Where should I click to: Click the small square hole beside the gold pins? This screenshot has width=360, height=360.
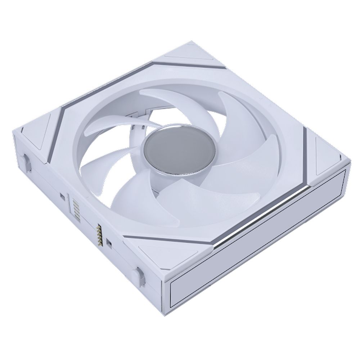point(109,244)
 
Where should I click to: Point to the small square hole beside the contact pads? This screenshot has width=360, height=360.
point(62,196)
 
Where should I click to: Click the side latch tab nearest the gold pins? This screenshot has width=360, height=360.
point(139,276)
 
